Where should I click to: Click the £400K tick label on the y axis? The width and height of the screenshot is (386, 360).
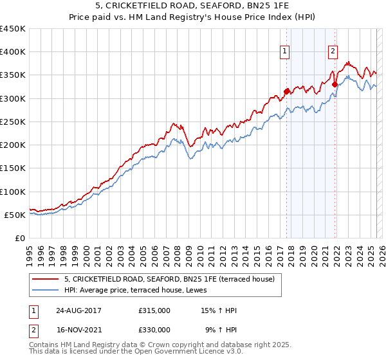tap(13, 52)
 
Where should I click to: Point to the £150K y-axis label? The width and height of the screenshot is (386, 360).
tap(13, 168)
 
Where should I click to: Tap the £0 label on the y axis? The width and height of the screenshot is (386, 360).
tap(20, 239)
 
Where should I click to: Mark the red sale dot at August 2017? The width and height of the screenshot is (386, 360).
tap(287, 91)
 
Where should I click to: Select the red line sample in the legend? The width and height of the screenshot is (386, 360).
tap(46, 279)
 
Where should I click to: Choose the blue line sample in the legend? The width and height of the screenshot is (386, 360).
tap(46, 290)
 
